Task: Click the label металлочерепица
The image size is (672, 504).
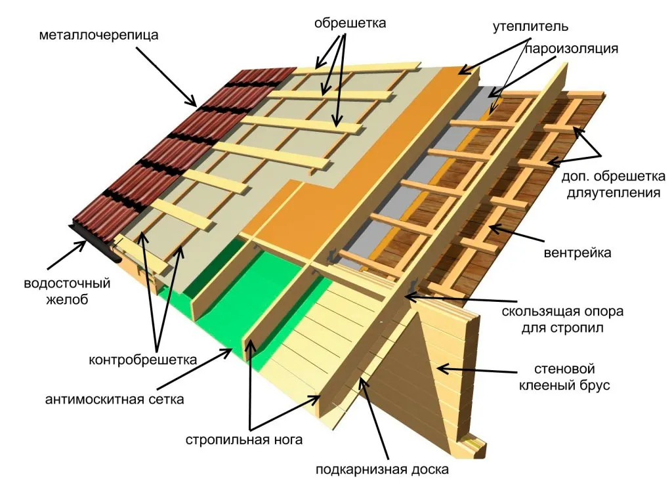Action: (x=98, y=35)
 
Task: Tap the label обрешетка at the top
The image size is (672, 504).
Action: (x=350, y=23)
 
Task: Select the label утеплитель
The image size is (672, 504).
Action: (x=530, y=26)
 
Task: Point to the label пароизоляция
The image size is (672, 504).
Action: (x=572, y=49)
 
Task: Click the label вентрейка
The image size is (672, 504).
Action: (x=577, y=253)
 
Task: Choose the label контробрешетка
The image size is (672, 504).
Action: (x=142, y=360)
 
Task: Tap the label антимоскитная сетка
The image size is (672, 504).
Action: (x=114, y=400)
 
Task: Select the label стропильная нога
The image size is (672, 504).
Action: (x=244, y=440)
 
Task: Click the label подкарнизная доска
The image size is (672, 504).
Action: (x=383, y=470)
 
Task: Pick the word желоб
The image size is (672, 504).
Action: (x=68, y=299)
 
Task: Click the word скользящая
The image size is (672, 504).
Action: (x=539, y=312)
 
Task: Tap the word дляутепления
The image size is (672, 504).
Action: (x=614, y=193)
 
